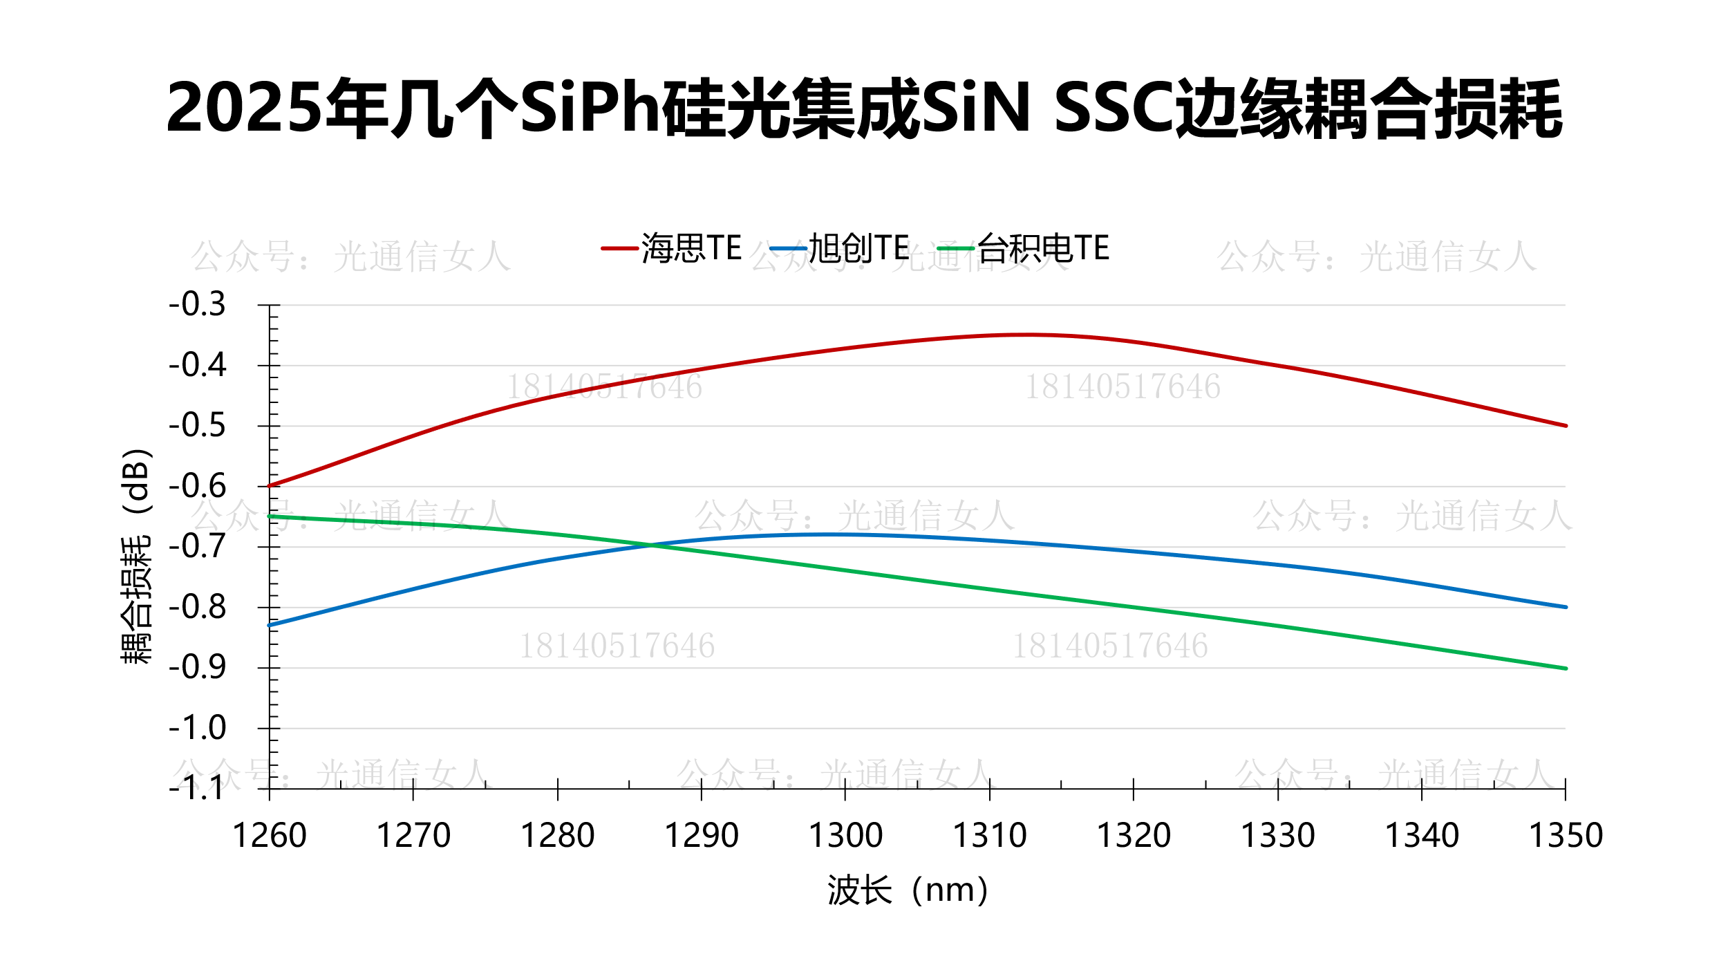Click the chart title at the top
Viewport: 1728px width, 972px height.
pos(864,109)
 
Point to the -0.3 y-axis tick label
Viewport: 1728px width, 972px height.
pos(198,304)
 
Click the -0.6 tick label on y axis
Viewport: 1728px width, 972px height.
pos(198,486)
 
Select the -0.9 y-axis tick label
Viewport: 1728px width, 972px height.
pos(198,667)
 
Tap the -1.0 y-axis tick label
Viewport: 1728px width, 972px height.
pos(198,728)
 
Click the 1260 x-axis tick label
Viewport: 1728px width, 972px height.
pos(270,835)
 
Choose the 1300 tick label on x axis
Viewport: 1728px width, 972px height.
pos(845,835)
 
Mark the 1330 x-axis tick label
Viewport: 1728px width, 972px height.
pos(1277,835)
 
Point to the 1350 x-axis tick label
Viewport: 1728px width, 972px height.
pos(1566,835)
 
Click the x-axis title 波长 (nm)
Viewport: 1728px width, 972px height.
pos(908,890)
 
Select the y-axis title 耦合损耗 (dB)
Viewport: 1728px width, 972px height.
pos(135,557)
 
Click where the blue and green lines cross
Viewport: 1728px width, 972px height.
pos(650,545)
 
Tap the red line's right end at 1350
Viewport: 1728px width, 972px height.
pos(1566,426)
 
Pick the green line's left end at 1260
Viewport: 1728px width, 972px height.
pos(270,516)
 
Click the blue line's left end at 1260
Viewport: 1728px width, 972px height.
pos(270,625)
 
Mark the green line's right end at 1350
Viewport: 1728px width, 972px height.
pos(1566,669)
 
